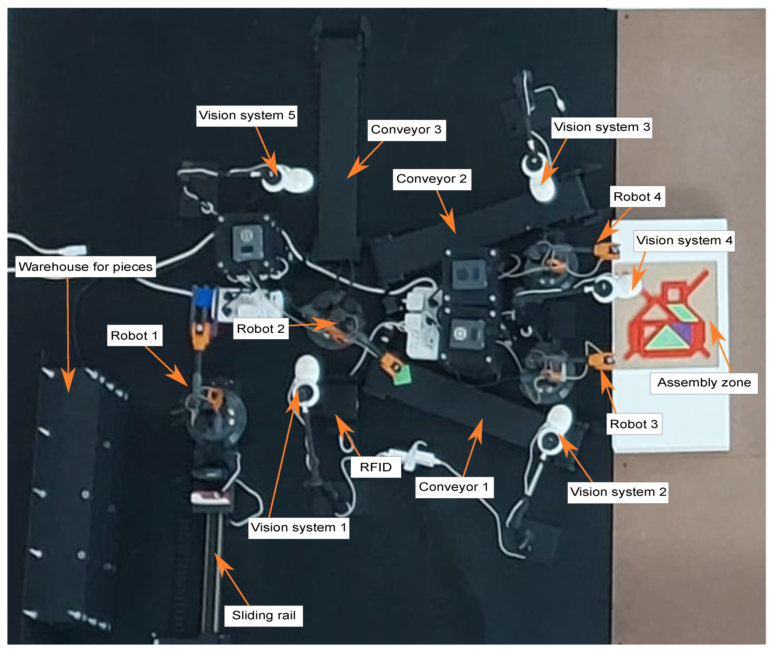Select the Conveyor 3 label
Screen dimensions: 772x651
pyautogui.click(x=406, y=130)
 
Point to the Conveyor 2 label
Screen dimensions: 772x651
pyautogui.click(x=432, y=179)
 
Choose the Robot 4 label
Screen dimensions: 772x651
pyautogui.click(x=637, y=197)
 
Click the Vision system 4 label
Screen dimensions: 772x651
pyautogui.click(x=684, y=241)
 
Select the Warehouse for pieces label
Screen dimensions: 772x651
pyautogui.click(x=86, y=267)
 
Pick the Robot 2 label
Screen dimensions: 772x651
pyautogui.click(x=261, y=329)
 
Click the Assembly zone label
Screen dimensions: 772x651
pyautogui.click(x=704, y=383)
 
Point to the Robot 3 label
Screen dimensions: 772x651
pyautogui.click(x=634, y=424)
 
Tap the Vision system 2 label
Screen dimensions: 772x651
pyautogui.click(x=618, y=492)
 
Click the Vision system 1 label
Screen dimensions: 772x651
pyautogui.click(x=298, y=528)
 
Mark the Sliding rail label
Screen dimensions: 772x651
pyautogui.click(x=263, y=616)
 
